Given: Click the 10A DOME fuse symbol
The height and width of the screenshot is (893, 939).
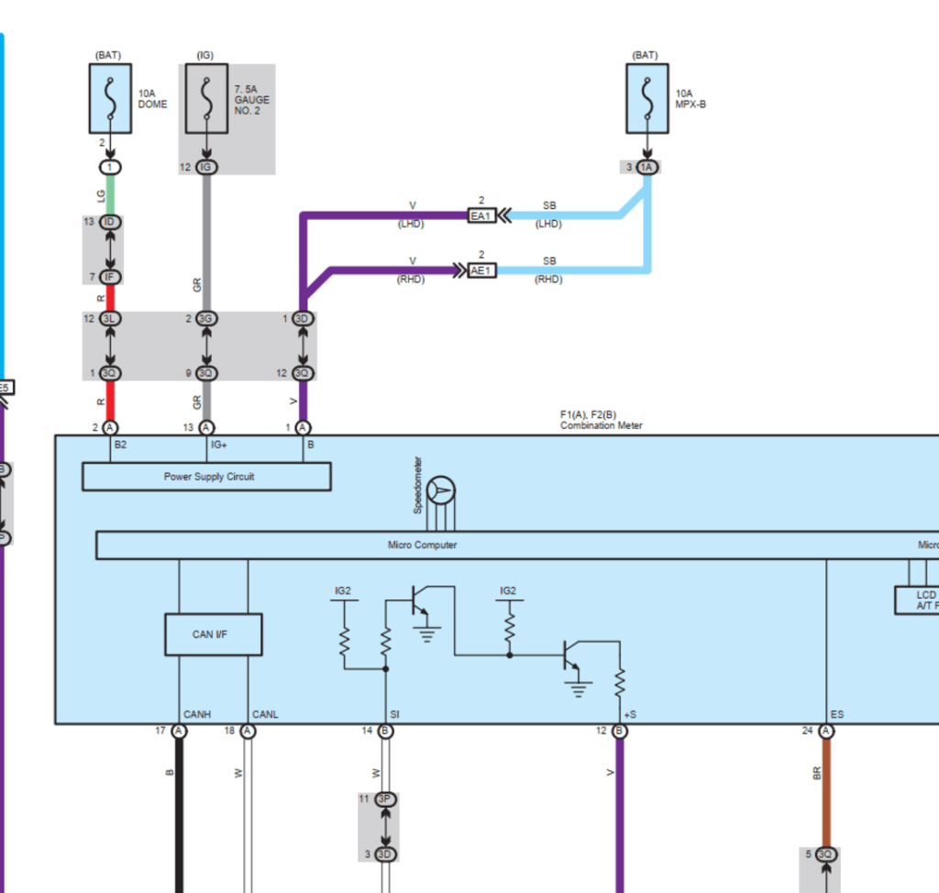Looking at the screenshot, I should pos(110,98).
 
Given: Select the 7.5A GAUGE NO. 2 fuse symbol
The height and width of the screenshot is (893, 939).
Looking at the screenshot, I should pos(205,98).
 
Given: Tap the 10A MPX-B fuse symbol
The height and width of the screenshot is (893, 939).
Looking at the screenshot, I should pos(647,98).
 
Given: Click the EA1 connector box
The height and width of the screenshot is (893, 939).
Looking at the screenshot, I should pos(481,215).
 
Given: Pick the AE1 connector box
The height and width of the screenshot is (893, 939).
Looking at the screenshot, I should pos(481,270).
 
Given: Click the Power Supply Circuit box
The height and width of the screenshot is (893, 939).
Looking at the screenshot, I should pos(206,477).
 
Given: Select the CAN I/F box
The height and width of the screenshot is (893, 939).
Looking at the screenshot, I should pos(213,634).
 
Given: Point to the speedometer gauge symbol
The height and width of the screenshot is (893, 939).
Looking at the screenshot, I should pos(441,491).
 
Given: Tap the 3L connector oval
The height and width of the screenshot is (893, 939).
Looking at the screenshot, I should pos(110,319).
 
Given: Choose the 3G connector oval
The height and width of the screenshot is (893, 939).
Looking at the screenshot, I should pos(205,319).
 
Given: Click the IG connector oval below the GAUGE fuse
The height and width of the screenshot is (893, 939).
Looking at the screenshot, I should pos(205,167).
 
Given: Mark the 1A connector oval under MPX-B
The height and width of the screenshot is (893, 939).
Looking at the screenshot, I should pos(647,167).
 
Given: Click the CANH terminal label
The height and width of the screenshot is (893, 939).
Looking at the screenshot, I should pos(197,714).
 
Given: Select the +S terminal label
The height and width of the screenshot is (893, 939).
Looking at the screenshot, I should pos(629,714).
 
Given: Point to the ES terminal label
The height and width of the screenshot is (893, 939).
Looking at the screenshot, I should pos(836,714).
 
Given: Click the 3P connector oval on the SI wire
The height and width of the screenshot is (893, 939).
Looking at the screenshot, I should pos(386,799).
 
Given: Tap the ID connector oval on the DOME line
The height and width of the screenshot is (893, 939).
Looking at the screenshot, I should pos(110,223).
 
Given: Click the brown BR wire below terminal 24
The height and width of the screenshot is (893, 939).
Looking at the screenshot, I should pos(826,788).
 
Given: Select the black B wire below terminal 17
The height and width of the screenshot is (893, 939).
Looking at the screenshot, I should pos(179,816).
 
